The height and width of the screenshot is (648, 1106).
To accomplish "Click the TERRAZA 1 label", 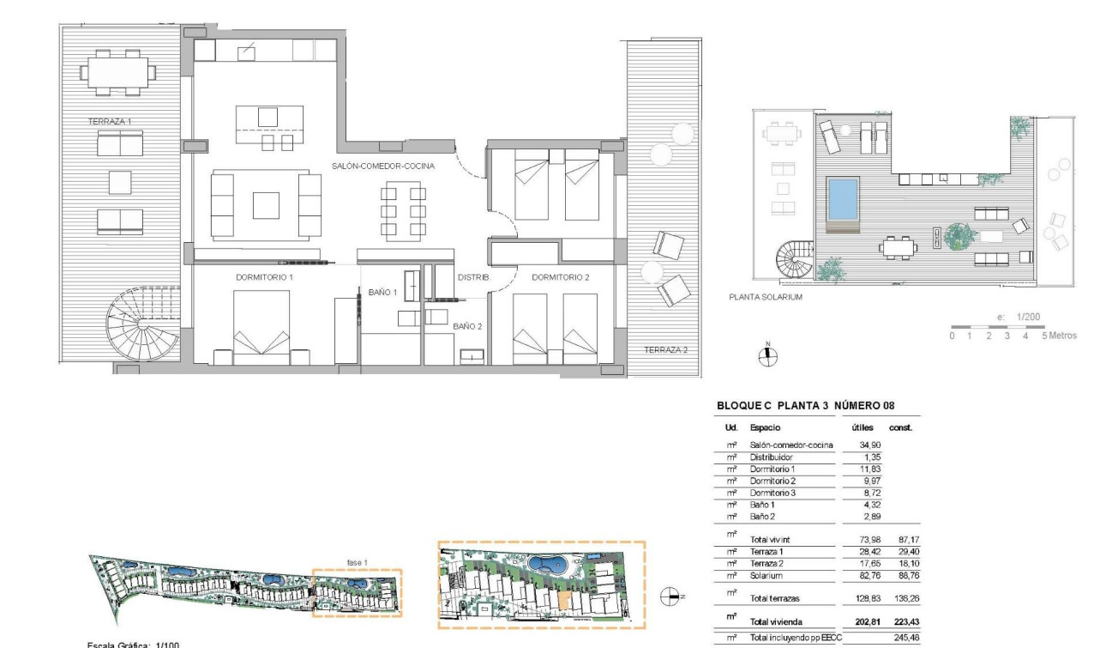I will (110, 122).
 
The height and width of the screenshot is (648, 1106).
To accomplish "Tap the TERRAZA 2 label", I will (665, 349).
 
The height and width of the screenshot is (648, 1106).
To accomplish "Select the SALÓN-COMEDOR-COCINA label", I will (383, 166).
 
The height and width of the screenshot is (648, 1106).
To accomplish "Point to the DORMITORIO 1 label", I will (264, 277).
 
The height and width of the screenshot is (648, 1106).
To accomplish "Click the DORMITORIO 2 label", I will (561, 277).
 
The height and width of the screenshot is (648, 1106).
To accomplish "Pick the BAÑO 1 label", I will (382, 293).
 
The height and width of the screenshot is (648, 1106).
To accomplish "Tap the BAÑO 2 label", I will (467, 326).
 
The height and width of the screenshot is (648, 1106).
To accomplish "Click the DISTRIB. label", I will (473, 277).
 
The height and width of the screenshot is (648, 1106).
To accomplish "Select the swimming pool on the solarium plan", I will (842, 198).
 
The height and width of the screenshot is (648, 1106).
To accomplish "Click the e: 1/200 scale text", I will (1019, 318).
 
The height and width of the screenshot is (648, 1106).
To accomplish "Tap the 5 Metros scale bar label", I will (1059, 336).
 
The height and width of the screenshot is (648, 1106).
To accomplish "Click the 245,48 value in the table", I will (906, 638).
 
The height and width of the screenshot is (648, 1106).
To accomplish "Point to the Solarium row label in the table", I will (766, 576).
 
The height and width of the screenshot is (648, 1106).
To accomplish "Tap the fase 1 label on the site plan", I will (358, 561).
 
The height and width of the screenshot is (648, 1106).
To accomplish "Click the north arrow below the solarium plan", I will (768, 356).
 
